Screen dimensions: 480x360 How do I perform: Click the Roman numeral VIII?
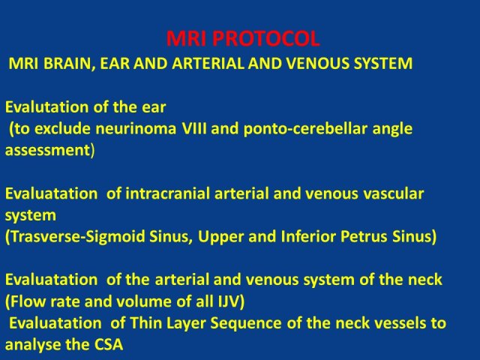pyautogui.click(x=194, y=128)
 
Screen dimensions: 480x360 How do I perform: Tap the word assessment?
pyautogui.click(x=47, y=151)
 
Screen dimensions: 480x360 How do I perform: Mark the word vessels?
pyautogui.click(x=397, y=323)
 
